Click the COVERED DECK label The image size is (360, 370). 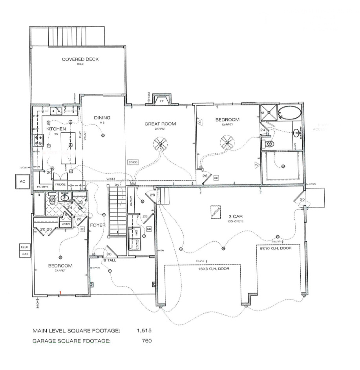(x=80, y=59)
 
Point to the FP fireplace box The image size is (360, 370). (x=161, y=101)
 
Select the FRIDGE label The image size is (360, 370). (x=60, y=184)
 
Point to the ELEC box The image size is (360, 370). (x=25, y=247)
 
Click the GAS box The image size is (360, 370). (x=25, y=255)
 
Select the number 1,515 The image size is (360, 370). (x=144, y=331)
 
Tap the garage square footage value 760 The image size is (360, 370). (x=146, y=341)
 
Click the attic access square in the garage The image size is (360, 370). (x=214, y=212)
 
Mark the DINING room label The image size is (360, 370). (x=102, y=117)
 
